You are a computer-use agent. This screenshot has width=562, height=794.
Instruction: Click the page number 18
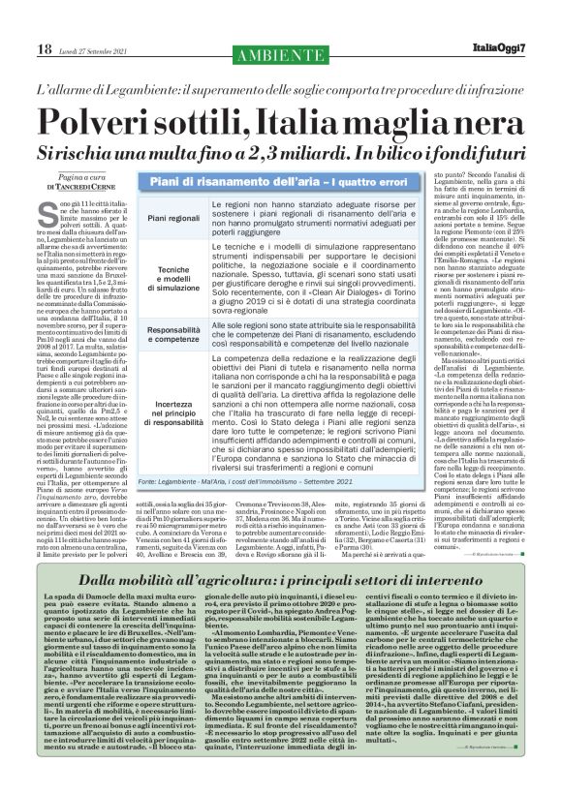tap(18, 21)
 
